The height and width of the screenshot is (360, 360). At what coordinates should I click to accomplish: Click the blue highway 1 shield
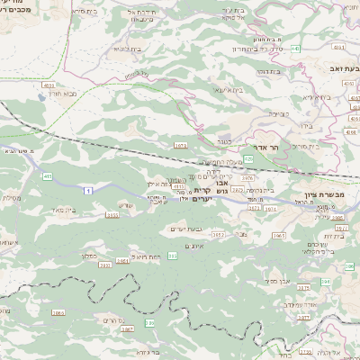(x=88, y=191)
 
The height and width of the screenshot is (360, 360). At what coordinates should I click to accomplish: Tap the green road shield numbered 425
(x=248, y=157)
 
